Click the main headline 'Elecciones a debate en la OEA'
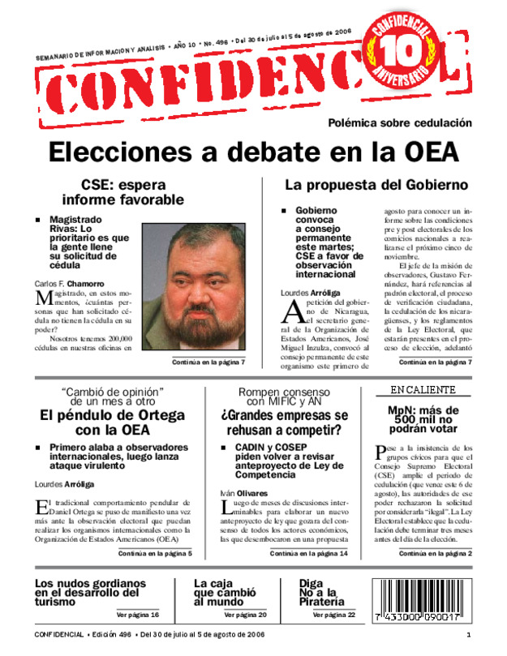[276, 152]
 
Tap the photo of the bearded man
[194, 287]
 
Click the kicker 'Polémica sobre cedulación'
[399, 123]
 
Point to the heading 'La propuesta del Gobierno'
[376, 185]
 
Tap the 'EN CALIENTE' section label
[418, 390]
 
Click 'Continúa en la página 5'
[155, 553]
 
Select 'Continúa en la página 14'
[309, 553]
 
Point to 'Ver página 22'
[333, 615]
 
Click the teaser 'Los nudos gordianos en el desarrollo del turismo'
[91, 592]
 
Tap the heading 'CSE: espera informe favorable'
[123, 192]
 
